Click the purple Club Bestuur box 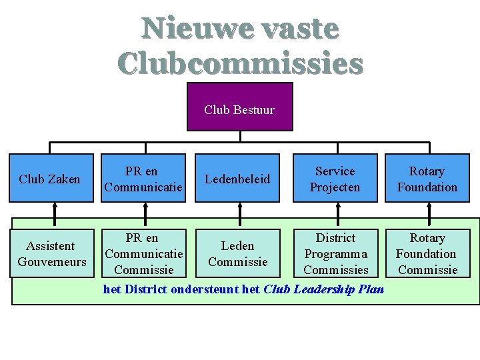(x=239, y=107)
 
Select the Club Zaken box (x=50, y=178)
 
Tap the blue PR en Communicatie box (x=143, y=178)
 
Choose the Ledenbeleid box (x=237, y=178)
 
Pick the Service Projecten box (x=335, y=178)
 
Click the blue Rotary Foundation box (x=427, y=178)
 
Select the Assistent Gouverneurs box (x=52, y=253)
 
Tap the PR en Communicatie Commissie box (x=143, y=253)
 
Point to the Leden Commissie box (x=237, y=253)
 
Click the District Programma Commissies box (x=336, y=253)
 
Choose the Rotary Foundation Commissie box (x=427, y=253)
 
